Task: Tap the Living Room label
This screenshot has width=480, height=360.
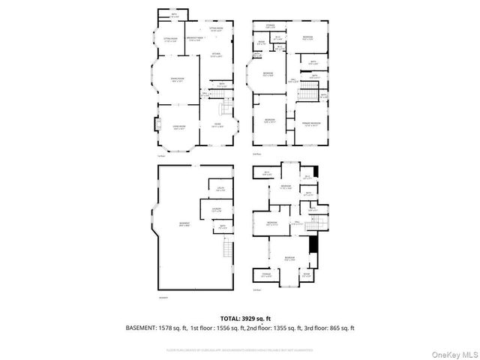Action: (178, 128)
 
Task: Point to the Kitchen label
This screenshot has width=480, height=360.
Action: (216, 55)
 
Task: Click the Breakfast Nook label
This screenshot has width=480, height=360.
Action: (196, 38)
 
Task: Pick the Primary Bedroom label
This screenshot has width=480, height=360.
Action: (310, 123)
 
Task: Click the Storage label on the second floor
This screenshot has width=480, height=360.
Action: (271, 27)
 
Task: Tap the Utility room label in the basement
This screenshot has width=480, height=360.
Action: (221, 188)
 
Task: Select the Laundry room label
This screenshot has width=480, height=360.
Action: (216, 209)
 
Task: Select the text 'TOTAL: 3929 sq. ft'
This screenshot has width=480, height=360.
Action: (240, 319)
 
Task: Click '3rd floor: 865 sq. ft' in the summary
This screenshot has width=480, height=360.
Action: (325, 328)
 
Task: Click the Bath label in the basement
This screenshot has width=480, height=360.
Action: (223, 226)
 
